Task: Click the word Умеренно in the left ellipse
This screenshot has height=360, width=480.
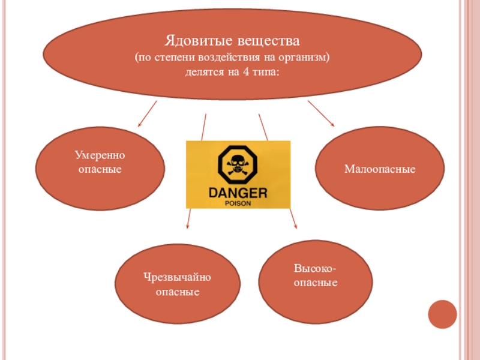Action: pyautogui.click(x=100, y=155)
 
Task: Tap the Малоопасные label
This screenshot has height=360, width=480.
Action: pyautogui.click(x=380, y=170)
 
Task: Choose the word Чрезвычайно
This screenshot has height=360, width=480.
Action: pyautogui.click(x=178, y=277)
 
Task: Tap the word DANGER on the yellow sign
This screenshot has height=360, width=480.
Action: pyautogui.click(x=237, y=193)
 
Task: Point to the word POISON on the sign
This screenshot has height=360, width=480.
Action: pyautogui.click(x=237, y=203)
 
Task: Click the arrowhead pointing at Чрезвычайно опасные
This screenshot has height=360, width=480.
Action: pyautogui.click(x=187, y=227)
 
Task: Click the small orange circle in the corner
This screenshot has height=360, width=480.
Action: pyautogui.click(x=443, y=314)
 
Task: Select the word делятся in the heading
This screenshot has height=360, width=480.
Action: pyautogui.click(x=205, y=73)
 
